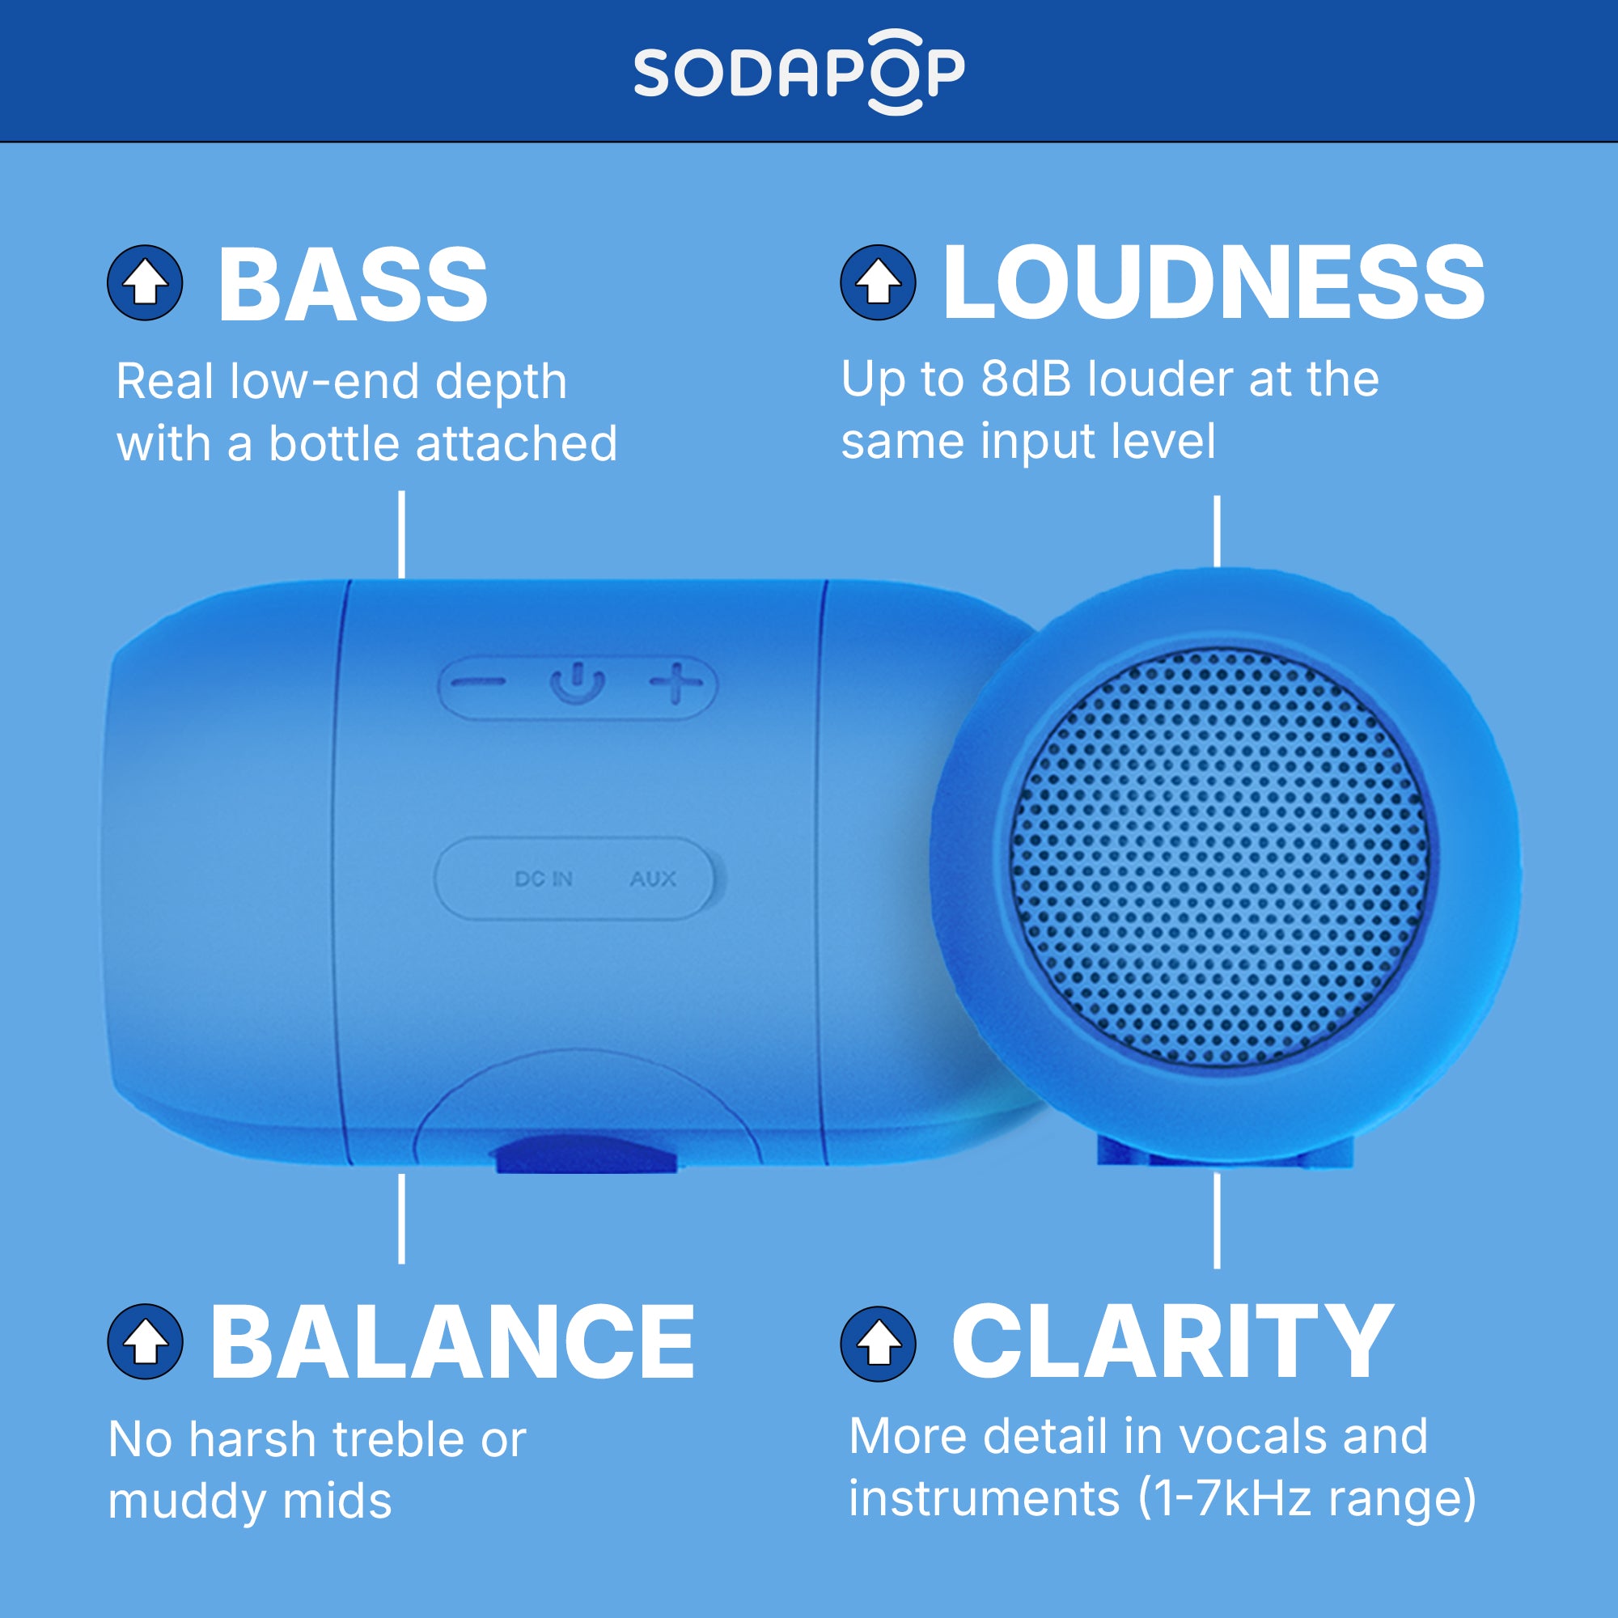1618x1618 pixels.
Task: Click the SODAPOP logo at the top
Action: tap(799, 72)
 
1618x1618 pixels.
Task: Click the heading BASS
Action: tap(353, 285)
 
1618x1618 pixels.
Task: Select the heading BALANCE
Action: tap(452, 1343)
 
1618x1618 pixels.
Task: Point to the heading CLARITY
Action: tap(1172, 1342)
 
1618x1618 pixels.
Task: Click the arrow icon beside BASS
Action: tap(145, 283)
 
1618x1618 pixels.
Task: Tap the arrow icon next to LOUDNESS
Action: tap(878, 282)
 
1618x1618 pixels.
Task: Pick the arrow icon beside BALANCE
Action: tap(145, 1341)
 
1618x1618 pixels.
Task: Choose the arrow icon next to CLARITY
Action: tap(878, 1343)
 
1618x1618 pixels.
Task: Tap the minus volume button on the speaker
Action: tap(478, 683)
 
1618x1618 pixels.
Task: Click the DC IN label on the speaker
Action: tap(544, 879)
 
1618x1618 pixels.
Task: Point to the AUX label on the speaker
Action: tap(652, 879)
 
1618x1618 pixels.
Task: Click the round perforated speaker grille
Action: tap(1218, 858)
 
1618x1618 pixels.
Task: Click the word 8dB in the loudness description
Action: tap(1026, 379)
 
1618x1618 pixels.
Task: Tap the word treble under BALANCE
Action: tap(398, 1441)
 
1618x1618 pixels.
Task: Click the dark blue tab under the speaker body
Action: tap(587, 1154)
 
